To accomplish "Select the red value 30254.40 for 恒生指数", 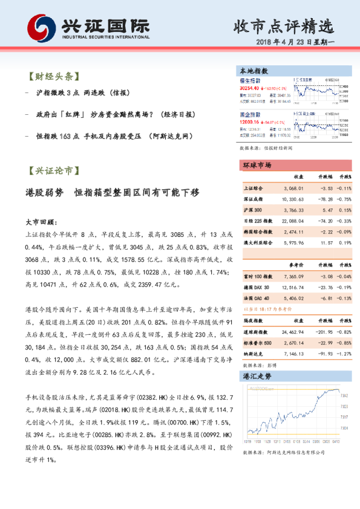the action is coord(249,88).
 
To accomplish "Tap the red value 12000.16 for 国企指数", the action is coord(249,122).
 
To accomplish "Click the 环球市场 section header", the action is coord(257,165).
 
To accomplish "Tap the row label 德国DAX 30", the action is coord(256,287).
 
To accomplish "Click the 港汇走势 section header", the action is coord(257,376).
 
